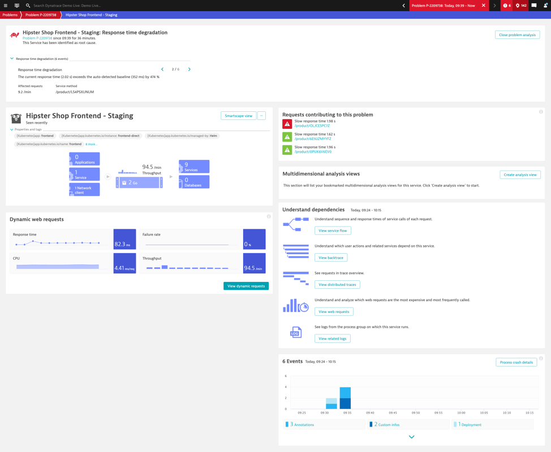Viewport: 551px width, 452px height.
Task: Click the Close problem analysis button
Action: [517, 35]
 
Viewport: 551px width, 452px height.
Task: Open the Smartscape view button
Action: [238, 116]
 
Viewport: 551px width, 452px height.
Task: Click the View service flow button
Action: [333, 231]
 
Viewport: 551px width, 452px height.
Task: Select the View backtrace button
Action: [331, 258]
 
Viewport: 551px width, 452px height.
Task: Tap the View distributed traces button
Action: [337, 285]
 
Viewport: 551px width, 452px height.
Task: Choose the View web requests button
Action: [334, 312]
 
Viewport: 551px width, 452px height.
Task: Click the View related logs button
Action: [332, 338]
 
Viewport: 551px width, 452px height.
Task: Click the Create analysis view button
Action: [520, 175]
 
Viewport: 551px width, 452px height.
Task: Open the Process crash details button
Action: [516, 362]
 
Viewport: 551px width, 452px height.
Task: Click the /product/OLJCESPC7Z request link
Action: [312, 126]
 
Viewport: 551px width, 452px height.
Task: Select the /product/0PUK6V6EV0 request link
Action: [313, 151]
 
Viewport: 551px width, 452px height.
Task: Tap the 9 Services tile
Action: [194, 167]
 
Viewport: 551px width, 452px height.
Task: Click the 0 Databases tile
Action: [194, 182]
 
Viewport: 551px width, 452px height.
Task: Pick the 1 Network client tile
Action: [84, 190]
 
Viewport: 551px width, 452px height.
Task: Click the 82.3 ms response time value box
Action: [124, 240]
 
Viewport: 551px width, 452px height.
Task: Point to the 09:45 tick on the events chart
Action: [393, 412]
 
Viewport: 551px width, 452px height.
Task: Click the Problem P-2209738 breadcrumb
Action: [41, 15]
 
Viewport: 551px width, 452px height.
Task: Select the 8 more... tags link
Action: [91, 144]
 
